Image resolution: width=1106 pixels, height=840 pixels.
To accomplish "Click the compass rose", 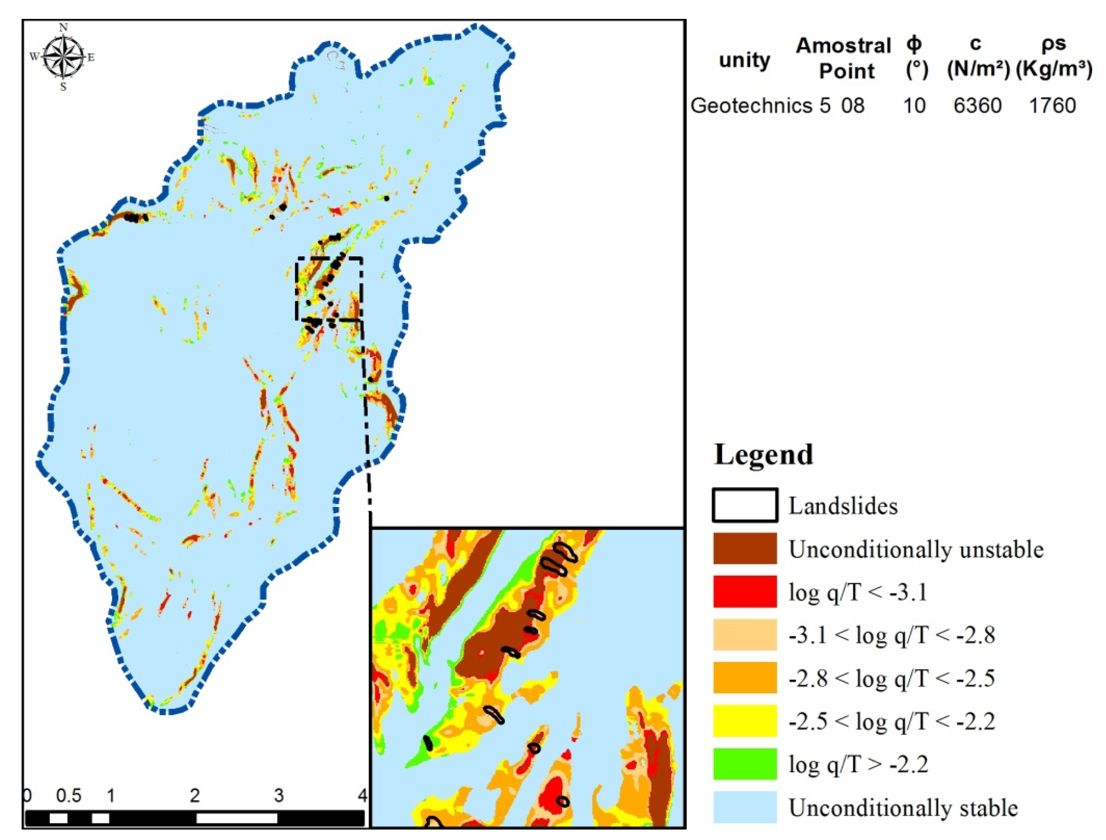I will point(63,57).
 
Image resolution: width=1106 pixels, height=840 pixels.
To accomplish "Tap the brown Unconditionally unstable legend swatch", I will point(744,549).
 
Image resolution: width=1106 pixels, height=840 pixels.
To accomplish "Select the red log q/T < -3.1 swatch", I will point(744,592).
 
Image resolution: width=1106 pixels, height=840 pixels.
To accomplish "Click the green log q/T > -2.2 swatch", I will point(744,763).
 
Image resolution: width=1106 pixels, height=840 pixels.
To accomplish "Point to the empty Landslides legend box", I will point(744,505).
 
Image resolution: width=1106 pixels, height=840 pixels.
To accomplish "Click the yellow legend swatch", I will point(744,720).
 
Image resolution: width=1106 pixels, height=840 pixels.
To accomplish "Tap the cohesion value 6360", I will point(977,105).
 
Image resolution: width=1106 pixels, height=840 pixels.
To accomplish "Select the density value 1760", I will point(1052,105).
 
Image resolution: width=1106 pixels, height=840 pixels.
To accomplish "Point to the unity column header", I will point(744,60).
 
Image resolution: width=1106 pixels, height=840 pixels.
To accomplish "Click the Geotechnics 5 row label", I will point(760,105).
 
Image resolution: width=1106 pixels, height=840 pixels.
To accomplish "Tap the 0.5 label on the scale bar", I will point(69,795).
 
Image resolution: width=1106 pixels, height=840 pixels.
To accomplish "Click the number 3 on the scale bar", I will point(279,795).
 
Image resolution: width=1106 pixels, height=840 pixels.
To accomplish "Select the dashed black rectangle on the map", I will point(330,259).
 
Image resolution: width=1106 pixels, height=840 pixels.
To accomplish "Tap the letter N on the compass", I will point(63,27).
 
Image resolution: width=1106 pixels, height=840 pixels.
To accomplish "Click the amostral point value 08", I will point(852,105).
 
